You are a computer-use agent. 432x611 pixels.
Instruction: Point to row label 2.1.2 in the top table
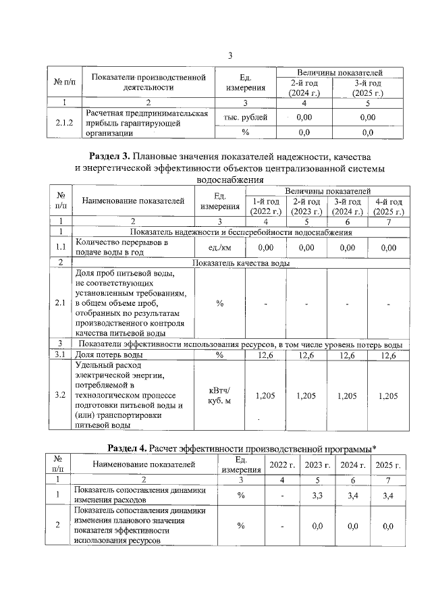coord(63,123)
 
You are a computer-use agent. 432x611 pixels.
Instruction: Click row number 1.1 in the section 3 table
coord(59,248)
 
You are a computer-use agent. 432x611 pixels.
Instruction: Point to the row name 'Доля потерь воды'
coord(108,354)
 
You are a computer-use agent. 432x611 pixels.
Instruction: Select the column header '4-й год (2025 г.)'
coord(388,207)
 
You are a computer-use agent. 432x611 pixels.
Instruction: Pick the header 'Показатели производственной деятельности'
coord(148,82)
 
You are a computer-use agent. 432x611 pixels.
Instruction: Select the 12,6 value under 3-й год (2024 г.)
coord(347,354)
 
